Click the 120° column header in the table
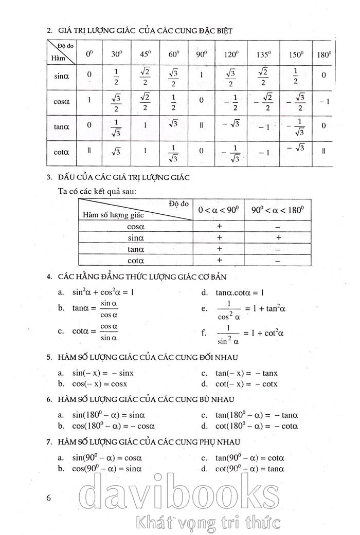[x=230, y=54]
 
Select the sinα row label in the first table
[x=62, y=76]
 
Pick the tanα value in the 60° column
[x=173, y=123]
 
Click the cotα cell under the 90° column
[x=201, y=151]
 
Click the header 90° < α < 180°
[x=278, y=209]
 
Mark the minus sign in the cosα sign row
[x=278, y=226]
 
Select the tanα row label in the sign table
[x=136, y=249]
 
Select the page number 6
[x=49, y=497]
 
